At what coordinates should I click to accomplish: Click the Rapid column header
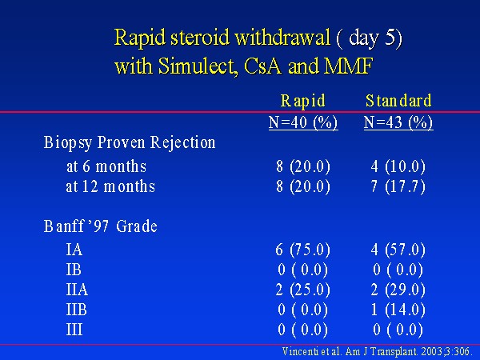302,102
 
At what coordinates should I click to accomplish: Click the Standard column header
398,101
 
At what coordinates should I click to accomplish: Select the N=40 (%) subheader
303,122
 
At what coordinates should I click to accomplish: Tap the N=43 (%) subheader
398,122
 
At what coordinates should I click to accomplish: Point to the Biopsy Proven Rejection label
130,143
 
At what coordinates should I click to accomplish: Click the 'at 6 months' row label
106,167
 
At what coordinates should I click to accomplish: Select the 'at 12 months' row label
110,186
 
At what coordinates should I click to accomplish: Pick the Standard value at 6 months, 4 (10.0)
398,167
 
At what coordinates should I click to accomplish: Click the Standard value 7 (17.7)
398,186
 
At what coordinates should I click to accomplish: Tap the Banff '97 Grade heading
101,226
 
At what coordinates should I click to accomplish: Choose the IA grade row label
74,250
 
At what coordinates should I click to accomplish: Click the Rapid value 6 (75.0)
302,250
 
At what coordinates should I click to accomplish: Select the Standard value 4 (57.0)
398,250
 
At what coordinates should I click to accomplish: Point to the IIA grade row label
77,290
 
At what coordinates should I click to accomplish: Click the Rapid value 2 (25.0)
302,290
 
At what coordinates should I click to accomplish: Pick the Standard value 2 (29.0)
398,290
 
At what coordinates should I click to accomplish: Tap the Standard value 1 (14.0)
398,310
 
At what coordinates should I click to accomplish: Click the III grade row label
74,330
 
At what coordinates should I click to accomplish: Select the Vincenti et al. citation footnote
376,352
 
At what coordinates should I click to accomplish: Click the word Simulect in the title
198,66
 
